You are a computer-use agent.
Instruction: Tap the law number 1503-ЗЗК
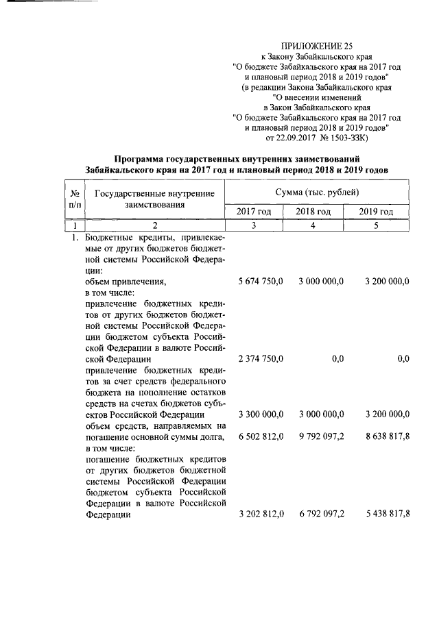pyautogui.click(x=349, y=138)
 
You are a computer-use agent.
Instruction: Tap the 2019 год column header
pyautogui.click(x=376, y=212)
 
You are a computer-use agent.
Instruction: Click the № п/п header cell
pyautogui.click(x=74, y=199)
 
